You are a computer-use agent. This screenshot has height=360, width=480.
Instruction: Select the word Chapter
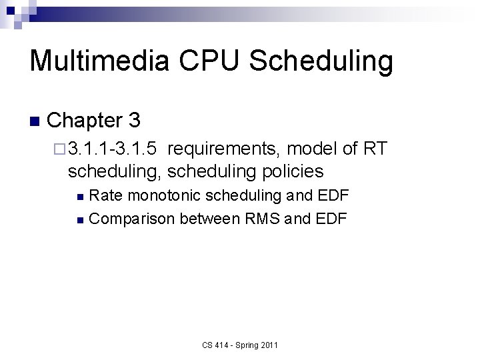click(x=83, y=121)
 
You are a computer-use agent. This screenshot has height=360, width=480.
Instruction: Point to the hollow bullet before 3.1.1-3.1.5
click(x=59, y=148)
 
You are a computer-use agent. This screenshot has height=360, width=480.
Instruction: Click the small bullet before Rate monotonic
click(x=80, y=197)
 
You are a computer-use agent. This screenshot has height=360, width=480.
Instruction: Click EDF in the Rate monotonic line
click(x=333, y=195)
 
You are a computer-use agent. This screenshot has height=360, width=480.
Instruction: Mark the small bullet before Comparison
click(x=80, y=219)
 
